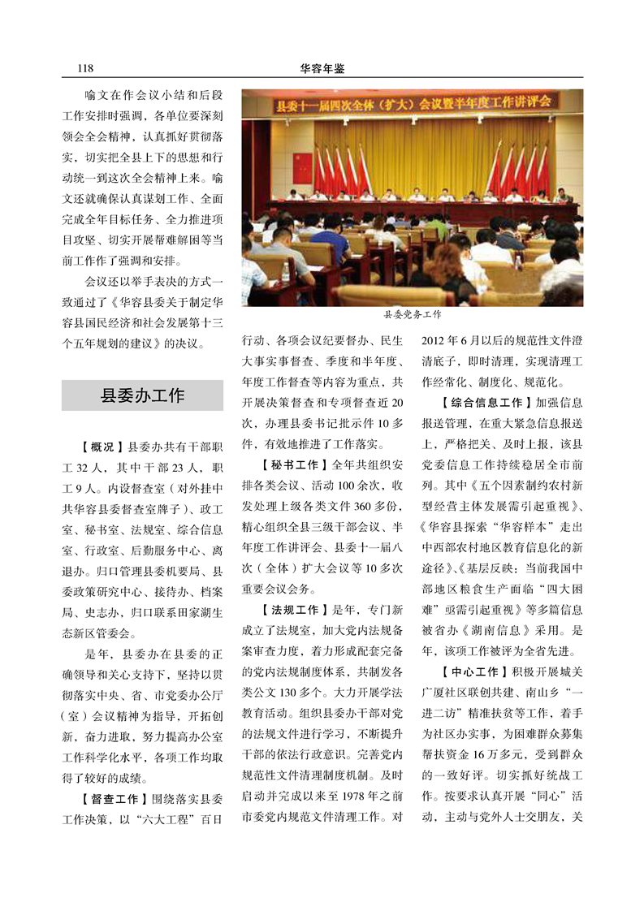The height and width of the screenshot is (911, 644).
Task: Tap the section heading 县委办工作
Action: [x=142, y=395]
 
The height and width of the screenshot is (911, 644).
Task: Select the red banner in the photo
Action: [x=413, y=103]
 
